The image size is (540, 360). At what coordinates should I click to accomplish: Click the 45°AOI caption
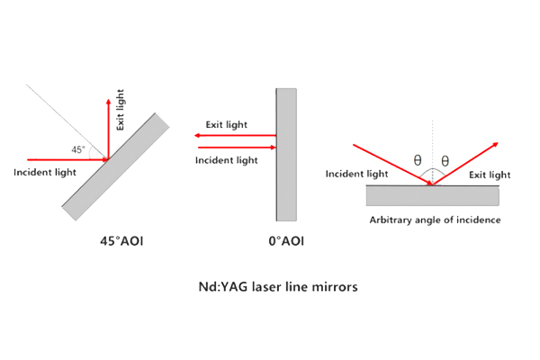click(x=121, y=241)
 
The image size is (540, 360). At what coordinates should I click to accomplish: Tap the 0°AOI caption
click(x=286, y=241)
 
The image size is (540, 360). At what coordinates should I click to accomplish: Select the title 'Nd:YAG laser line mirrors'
click(x=278, y=286)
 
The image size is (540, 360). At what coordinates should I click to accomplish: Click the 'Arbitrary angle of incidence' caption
click(x=435, y=220)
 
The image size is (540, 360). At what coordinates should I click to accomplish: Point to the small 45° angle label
click(x=78, y=149)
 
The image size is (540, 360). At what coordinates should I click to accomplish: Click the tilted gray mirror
click(x=115, y=166)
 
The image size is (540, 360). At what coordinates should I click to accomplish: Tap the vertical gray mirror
click(x=286, y=155)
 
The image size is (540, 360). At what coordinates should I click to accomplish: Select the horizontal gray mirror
click(x=433, y=195)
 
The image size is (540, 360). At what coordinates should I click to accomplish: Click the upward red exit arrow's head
click(x=109, y=102)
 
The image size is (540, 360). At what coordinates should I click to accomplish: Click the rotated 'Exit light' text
click(x=120, y=110)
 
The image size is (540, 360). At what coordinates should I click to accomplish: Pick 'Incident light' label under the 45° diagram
click(x=45, y=172)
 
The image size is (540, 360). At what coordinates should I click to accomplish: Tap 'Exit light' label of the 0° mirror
click(x=226, y=125)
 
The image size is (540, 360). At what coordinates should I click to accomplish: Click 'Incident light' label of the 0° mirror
click(x=226, y=160)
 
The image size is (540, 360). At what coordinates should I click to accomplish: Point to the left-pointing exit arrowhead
click(x=197, y=135)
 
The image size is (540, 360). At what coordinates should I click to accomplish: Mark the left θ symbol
click(x=418, y=160)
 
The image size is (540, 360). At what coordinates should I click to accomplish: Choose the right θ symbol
click(x=445, y=160)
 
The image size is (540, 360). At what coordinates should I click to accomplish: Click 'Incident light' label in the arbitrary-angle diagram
click(x=356, y=174)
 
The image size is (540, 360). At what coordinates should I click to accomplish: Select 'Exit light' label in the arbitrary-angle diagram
click(x=490, y=175)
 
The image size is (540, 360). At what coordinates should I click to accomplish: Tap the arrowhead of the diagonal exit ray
click(x=496, y=144)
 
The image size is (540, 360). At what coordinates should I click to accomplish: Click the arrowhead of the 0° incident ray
click(x=274, y=148)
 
